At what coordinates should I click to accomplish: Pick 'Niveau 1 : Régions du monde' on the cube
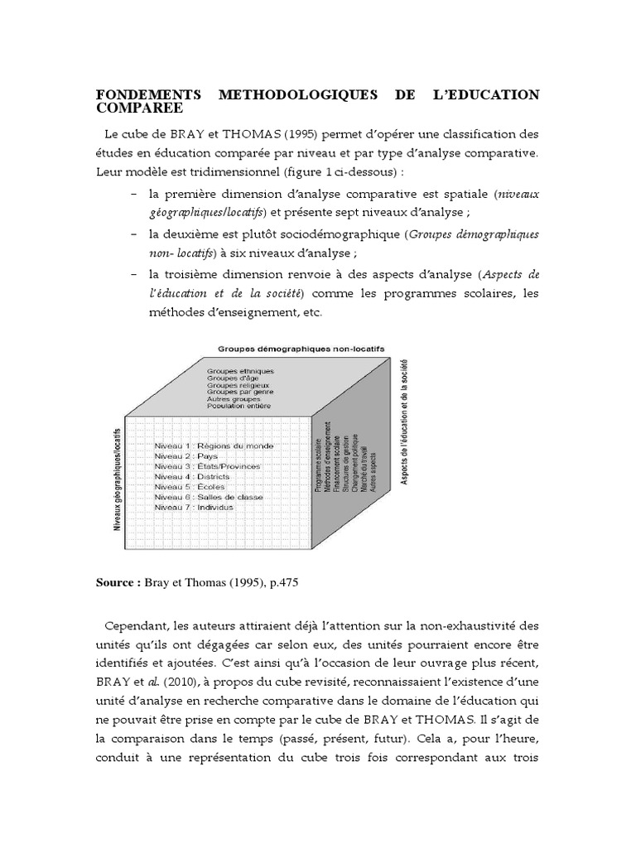coord(214,446)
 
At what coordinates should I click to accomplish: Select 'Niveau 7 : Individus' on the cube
coord(195,507)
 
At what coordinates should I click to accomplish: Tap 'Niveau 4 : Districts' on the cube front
coord(192,476)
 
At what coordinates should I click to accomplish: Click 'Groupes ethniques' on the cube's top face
coord(241,370)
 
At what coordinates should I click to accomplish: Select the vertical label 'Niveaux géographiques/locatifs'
coord(118,479)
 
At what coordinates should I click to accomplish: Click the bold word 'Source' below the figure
coord(118,583)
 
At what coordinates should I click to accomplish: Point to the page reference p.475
coord(280,583)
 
